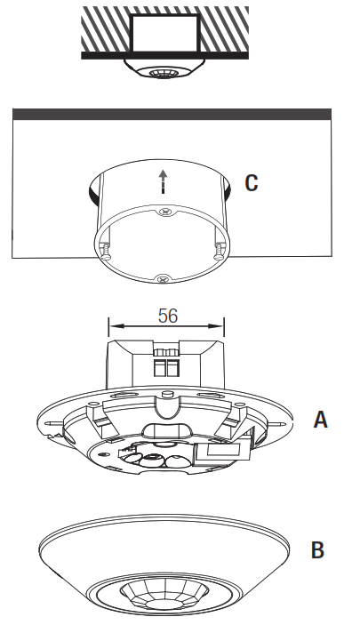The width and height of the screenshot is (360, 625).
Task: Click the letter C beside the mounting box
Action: [252, 183]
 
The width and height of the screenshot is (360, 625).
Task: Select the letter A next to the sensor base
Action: [320, 419]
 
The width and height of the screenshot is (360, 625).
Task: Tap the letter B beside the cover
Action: [317, 550]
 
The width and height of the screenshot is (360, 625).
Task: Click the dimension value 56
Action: [167, 316]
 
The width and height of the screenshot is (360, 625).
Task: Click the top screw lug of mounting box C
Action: [163, 212]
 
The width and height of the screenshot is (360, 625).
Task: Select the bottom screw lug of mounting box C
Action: [162, 278]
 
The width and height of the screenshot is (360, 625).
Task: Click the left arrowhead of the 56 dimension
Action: [110, 325]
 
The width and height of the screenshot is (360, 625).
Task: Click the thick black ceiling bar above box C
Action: [172, 114]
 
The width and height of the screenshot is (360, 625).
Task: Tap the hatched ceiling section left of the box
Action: [105, 30]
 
